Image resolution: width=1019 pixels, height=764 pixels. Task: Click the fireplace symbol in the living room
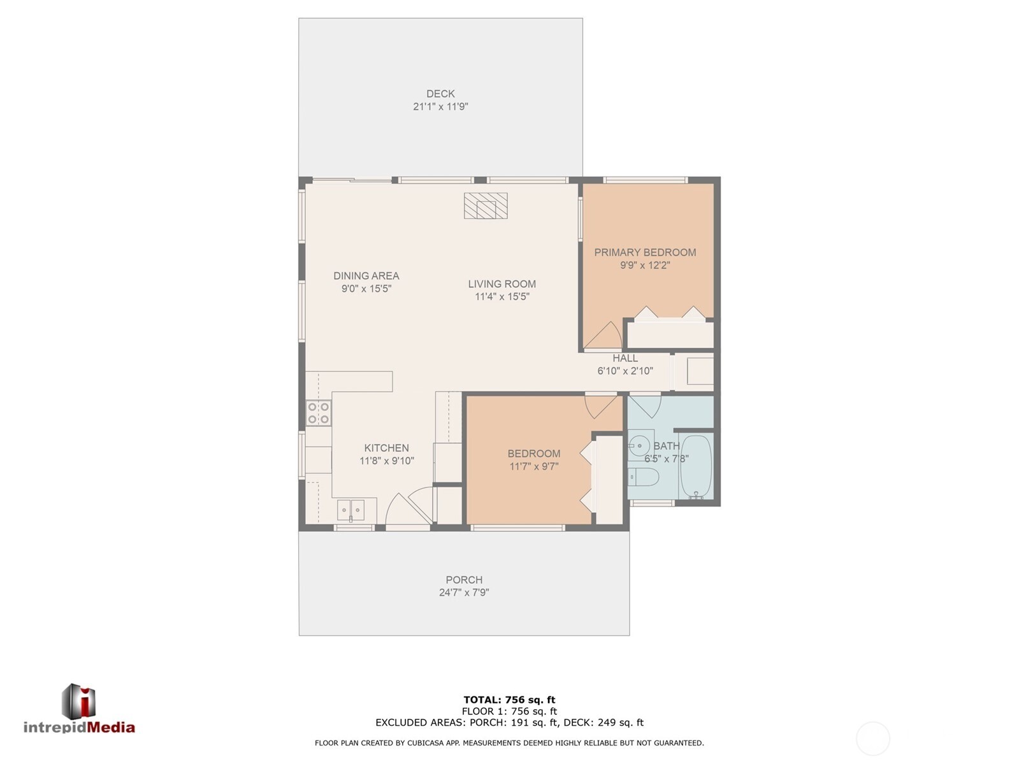(x=486, y=206)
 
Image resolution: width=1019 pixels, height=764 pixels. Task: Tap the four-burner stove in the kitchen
(x=319, y=412)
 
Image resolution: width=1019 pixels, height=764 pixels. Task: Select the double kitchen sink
(x=351, y=510)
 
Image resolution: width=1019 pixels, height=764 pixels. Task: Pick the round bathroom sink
(x=638, y=445)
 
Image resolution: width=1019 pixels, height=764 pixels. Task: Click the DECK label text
(x=440, y=94)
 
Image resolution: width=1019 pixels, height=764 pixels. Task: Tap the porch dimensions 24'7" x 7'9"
(x=464, y=593)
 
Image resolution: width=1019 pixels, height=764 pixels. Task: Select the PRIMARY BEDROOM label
(x=645, y=252)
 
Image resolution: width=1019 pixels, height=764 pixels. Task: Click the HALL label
(x=625, y=359)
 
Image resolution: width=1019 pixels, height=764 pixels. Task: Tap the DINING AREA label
(x=366, y=276)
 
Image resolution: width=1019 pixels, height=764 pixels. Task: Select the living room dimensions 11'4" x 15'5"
(x=502, y=297)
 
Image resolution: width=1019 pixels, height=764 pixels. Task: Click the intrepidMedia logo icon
(x=78, y=702)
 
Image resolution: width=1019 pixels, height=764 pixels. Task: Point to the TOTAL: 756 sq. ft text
(x=509, y=700)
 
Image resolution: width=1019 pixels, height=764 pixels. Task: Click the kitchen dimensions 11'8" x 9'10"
(x=387, y=461)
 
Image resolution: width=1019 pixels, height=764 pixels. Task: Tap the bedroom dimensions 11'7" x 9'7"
(x=534, y=466)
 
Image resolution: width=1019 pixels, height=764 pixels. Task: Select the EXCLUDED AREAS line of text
(x=509, y=723)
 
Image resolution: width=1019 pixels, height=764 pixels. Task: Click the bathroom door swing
(x=645, y=407)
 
